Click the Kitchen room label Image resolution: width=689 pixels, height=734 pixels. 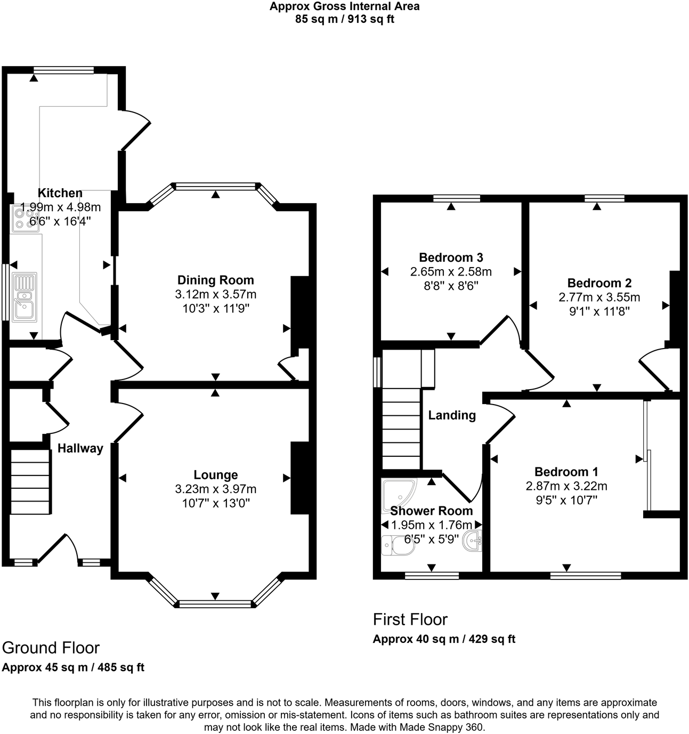click(60, 193)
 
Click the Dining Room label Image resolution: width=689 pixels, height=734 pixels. click(215, 280)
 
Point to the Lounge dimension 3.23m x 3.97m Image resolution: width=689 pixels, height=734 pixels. click(215, 489)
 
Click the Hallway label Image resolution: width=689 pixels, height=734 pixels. click(80, 448)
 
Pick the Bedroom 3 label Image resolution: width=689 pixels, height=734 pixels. click(451, 258)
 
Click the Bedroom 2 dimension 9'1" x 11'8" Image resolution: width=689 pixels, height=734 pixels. click(599, 311)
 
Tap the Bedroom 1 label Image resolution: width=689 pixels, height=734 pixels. click(566, 472)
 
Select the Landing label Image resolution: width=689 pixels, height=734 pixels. click(452, 415)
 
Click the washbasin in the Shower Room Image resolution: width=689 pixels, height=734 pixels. click(473, 541)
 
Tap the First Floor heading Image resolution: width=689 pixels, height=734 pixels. click(410, 619)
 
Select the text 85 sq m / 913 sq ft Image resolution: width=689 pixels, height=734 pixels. click(344, 20)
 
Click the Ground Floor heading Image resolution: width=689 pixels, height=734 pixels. click(51, 648)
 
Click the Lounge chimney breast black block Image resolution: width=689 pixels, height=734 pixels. click(299, 478)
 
